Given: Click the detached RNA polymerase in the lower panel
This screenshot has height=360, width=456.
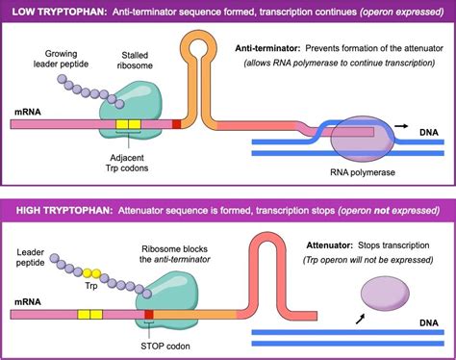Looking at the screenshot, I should click(x=380, y=293).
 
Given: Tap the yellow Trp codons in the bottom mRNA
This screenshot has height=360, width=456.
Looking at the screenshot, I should click(x=89, y=315).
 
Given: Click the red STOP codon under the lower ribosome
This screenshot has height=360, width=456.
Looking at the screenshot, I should click(x=148, y=315).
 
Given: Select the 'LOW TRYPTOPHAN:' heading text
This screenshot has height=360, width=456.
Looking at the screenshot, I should click(x=49, y=10).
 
